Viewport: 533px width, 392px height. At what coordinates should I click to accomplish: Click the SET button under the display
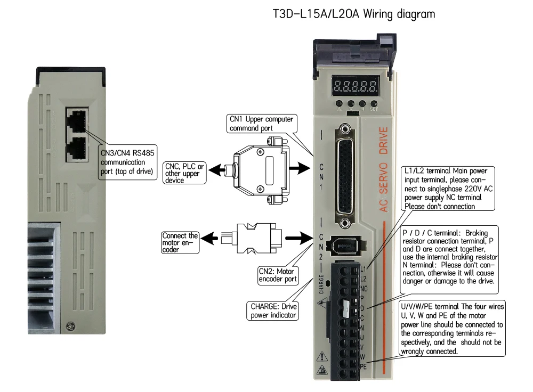(x=374, y=104)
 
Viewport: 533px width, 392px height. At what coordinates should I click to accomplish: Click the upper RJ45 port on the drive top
(x=78, y=119)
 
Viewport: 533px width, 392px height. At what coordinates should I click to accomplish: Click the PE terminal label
(x=364, y=366)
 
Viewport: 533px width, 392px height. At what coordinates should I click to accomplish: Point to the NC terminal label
(x=364, y=288)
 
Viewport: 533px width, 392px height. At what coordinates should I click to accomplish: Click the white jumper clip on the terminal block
(x=347, y=309)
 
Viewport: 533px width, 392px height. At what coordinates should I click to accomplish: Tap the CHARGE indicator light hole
(x=328, y=283)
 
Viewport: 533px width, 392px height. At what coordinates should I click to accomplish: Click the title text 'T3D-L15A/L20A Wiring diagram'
(x=353, y=14)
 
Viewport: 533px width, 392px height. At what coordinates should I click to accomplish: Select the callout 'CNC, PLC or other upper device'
(x=184, y=174)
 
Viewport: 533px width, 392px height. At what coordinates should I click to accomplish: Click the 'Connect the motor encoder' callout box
(x=180, y=242)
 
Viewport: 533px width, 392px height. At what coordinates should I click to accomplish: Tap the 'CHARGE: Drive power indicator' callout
(x=274, y=311)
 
